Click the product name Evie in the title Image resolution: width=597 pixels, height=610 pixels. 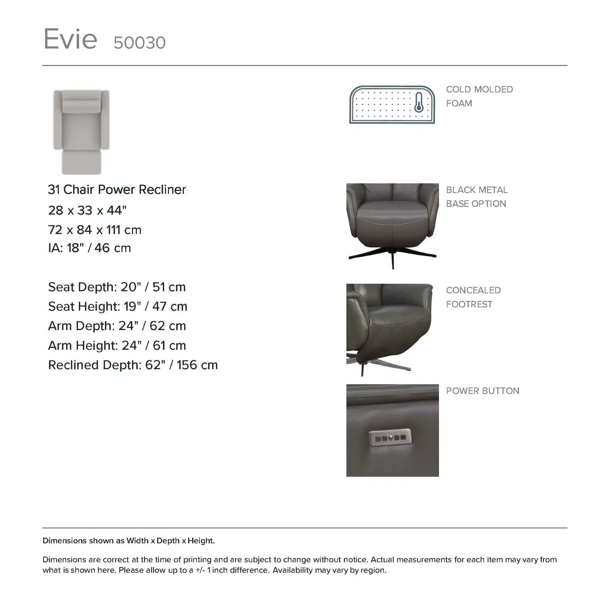[x=70, y=39]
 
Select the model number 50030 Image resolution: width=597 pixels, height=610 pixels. [x=139, y=43]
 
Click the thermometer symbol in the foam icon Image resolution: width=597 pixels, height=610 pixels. [x=419, y=103]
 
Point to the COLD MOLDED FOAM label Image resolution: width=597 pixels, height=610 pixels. [x=479, y=96]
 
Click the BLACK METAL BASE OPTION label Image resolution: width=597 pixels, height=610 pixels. [x=476, y=197]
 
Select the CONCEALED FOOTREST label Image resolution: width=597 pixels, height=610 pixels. [x=473, y=297]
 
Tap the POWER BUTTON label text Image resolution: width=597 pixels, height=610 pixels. [x=482, y=391]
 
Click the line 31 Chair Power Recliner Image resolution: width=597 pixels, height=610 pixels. [x=117, y=190]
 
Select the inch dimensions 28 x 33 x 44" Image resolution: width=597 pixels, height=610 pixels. [x=87, y=210]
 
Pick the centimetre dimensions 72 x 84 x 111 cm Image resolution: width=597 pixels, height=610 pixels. [x=94, y=230]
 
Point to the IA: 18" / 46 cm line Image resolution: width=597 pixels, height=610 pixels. [x=89, y=248]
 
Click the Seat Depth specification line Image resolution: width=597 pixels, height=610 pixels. [x=117, y=287]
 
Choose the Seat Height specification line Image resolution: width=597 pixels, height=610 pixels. [x=118, y=307]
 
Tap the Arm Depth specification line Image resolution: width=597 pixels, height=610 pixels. [x=117, y=326]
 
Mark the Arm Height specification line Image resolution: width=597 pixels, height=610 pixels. [x=117, y=346]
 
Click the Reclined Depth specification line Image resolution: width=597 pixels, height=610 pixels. [x=133, y=365]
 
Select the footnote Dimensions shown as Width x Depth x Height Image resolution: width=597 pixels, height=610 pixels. [x=128, y=541]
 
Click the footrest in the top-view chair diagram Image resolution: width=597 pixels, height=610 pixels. [x=81, y=162]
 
